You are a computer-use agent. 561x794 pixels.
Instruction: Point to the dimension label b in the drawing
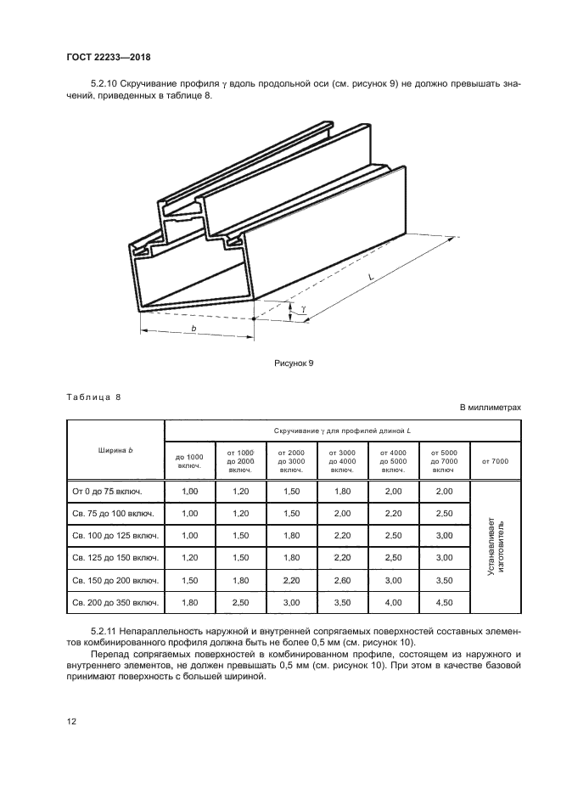click(194, 327)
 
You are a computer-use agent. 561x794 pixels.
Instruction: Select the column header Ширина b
click(115, 449)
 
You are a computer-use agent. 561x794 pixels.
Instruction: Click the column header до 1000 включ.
click(190, 461)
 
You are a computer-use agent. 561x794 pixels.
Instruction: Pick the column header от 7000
click(495, 461)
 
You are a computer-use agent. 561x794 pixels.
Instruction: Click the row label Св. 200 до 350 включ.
click(115, 602)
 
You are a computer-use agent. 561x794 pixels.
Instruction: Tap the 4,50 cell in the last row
click(443, 602)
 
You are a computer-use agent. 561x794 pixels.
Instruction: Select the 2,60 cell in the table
click(342, 580)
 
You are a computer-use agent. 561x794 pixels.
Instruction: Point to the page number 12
click(71, 721)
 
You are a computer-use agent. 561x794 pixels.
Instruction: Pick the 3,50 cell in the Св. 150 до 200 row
click(443, 580)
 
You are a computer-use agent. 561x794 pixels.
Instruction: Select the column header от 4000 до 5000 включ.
click(393, 461)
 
